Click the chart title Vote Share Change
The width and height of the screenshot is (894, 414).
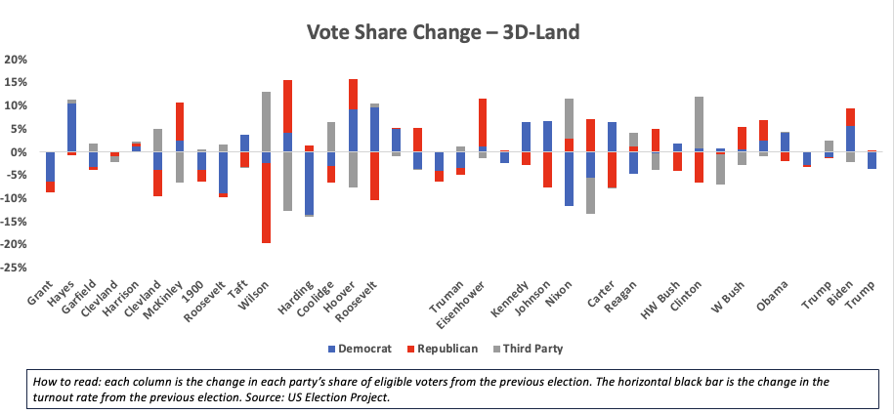[x=444, y=32]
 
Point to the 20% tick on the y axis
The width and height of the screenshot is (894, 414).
[x=17, y=60]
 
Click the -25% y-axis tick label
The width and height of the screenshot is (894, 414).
[x=15, y=268]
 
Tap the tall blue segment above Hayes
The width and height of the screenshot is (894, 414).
[x=71, y=127]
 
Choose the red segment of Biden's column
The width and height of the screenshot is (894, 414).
[x=851, y=117]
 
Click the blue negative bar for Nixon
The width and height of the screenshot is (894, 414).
[x=569, y=179]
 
